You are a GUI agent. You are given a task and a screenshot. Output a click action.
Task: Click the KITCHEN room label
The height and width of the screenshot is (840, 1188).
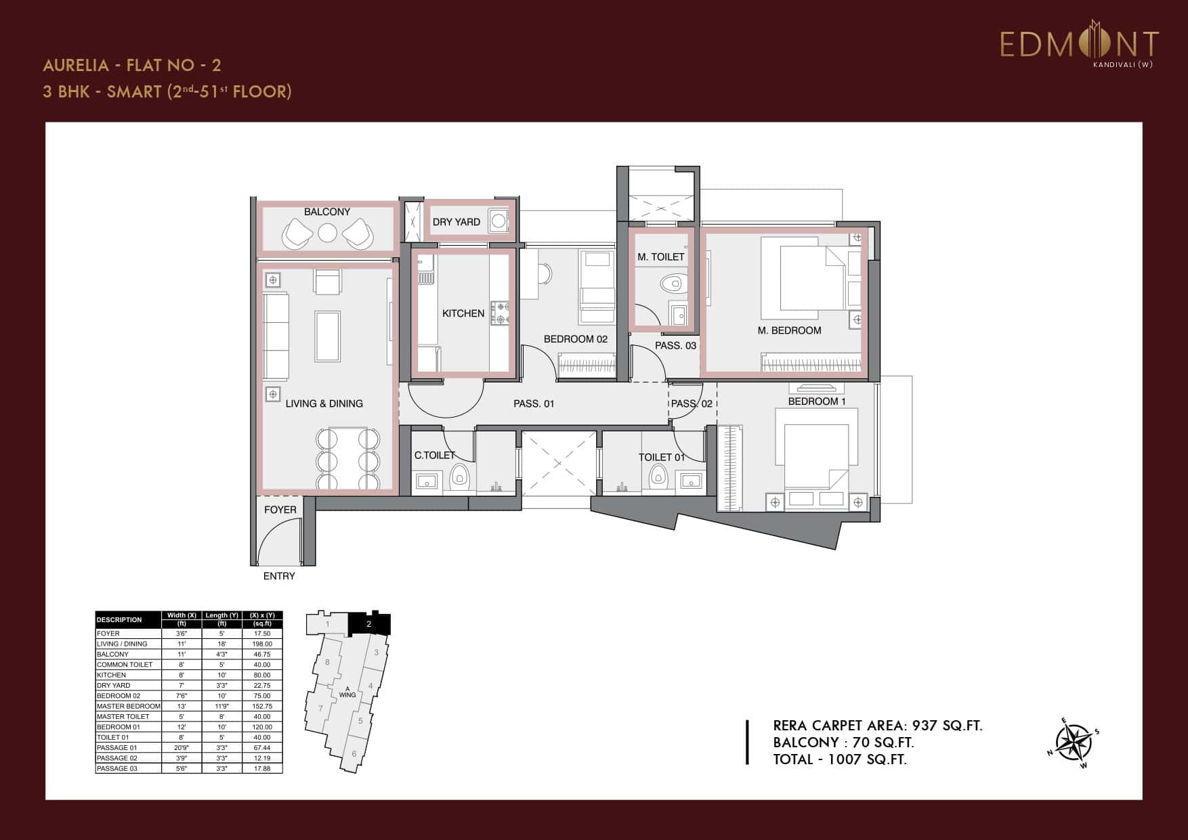pyautogui.click(x=463, y=313)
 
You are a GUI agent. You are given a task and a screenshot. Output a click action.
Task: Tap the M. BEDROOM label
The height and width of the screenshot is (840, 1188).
pyautogui.click(x=789, y=330)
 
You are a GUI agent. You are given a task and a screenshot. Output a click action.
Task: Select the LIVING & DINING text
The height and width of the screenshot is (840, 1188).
pyautogui.click(x=324, y=403)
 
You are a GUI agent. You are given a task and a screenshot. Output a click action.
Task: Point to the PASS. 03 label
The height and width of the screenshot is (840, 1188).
pyautogui.click(x=675, y=345)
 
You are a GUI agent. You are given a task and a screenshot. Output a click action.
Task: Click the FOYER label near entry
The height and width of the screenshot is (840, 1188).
pyautogui.click(x=280, y=510)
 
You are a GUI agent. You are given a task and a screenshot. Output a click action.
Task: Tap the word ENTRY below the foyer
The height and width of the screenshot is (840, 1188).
pyautogui.click(x=279, y=576)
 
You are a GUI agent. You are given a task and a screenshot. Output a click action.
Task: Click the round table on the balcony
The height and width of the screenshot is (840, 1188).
pyautogui.click(x=327, y=233)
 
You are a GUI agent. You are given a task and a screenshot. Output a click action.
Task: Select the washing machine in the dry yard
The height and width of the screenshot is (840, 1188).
pyautogui.click(x=498, y=221)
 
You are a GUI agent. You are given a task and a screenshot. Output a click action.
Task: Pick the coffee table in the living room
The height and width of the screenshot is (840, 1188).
pyautogui.click(x=328, y=336)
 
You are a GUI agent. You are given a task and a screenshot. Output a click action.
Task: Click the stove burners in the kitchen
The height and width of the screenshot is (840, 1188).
pyautogui.click(x=501, y=313)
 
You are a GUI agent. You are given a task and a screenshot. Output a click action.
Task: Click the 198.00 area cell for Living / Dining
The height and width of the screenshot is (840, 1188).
pyautogui.click(x=261, y=644)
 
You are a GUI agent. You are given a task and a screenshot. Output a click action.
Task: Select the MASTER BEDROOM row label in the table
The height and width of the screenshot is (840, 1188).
pyautogui.click(x=129, y=706)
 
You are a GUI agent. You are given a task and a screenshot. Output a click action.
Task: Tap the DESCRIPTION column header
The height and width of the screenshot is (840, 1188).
pyautogui.click(x=119, y=619)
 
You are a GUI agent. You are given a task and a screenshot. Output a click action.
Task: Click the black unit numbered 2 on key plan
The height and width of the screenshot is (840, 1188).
pyautogui.click(x=368, y=623)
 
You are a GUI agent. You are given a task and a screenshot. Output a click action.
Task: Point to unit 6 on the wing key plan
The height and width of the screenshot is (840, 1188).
pyautogui.click(x=354, y=754)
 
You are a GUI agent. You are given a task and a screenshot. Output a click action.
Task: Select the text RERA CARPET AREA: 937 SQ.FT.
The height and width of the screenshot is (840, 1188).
pyautogui.click(x=877, y=726)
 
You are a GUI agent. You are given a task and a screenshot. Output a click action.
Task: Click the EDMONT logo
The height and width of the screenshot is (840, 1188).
pyautogui.click(x=1079, y=44)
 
